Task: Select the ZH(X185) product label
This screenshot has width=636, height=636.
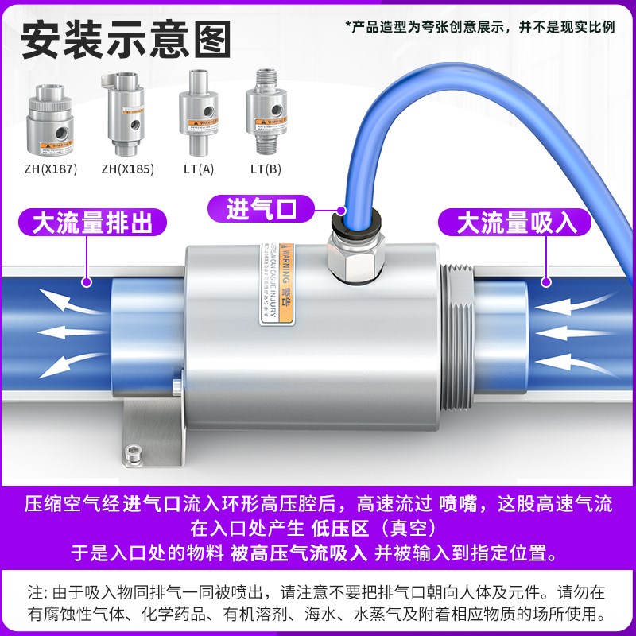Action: [127, 169]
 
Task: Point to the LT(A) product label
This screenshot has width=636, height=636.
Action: [199, 169]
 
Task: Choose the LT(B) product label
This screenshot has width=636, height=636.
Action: [266, 169]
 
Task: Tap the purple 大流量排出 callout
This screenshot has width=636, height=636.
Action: [93, 223]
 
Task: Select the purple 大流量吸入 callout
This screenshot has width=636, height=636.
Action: [516, 223]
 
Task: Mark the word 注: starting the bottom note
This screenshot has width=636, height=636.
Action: [37, 592]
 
